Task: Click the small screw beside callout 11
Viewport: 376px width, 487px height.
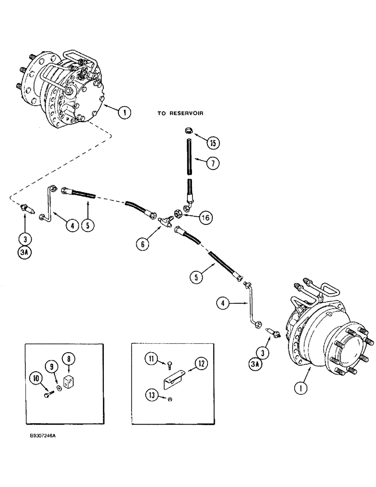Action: (168, 366)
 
